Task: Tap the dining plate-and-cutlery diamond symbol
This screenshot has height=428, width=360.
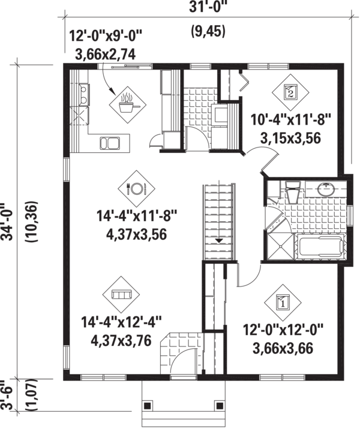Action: (134, 190)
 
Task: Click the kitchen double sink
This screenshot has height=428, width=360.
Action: (110, 142)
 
